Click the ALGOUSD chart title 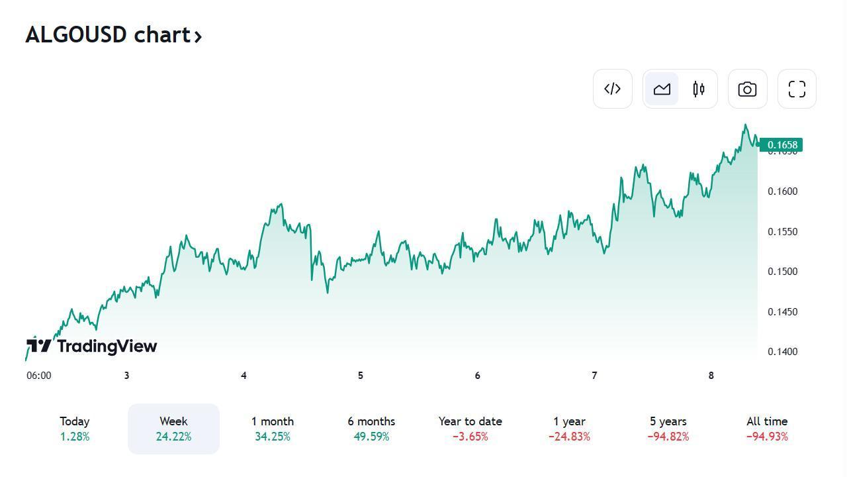coord(113,35)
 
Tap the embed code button coord(613,89)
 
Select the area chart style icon coord(662,89)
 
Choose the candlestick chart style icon coord(699,89)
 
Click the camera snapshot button coord(748,89)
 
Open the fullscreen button coord(797,89)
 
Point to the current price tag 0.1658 coord(781,145)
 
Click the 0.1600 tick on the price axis coord(782,191)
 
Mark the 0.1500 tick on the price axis coord(782,272)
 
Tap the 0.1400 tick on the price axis coord(782,352)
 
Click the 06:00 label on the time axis coord(38,376)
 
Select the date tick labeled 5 coord(361,376)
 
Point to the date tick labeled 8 coord(711,376)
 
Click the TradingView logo coord(92,346)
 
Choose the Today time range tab coord(74,429)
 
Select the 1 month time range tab coord(273,429)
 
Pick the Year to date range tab coord(470,429)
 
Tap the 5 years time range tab coord(668,429)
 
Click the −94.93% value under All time coord(767,437)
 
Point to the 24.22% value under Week coord(173,437)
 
